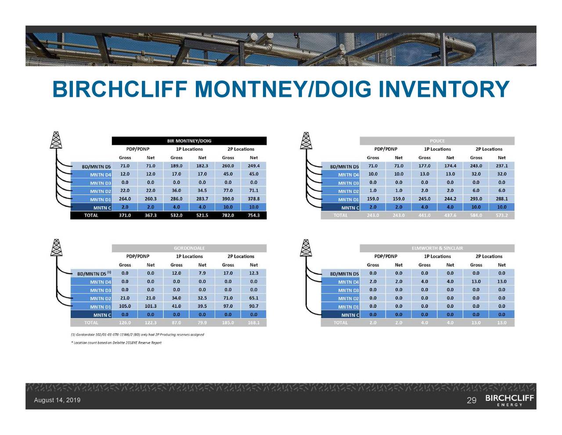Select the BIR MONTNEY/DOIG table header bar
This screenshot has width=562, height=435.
click(189, 141)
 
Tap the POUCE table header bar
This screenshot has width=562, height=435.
click(437, 141)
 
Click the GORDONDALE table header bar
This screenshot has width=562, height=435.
click(189, 248)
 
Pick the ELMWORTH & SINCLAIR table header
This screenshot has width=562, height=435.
click(437, 248)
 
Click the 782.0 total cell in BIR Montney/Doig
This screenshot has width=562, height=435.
click(228, 216)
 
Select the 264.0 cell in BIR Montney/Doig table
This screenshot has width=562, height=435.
click(125, 199)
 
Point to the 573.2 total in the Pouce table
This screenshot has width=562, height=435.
click(502, 216)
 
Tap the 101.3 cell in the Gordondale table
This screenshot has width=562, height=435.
click(151, 306)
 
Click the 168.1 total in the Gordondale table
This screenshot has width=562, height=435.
click(254, 323)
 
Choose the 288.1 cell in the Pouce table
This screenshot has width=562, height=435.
click(502, 199)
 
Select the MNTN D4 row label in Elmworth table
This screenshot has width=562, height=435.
click(348, 282)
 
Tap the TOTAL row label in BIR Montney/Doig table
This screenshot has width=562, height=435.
click(91, 216)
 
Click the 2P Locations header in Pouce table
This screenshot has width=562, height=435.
click(489, 149)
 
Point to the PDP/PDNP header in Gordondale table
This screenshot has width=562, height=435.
click(138, 256)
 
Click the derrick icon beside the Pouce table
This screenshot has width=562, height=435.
click(306, 141)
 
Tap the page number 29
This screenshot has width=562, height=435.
click(472, 400)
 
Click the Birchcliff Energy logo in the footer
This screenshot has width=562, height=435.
click(509, 400)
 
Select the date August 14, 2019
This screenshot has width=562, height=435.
click(57, 400)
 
